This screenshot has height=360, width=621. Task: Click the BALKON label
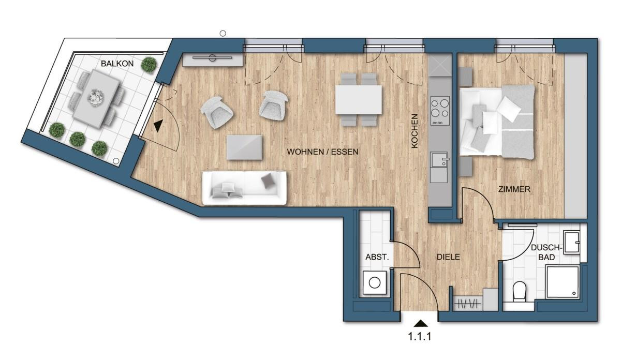(117, 64)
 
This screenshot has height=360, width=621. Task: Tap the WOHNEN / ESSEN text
(323, 152)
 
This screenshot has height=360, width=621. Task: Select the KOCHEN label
(414, 131)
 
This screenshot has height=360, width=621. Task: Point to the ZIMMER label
(514, 189)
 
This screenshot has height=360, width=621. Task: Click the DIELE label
(448, 257)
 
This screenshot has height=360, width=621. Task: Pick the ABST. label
(377, 257)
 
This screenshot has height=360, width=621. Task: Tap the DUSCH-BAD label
(546, 252)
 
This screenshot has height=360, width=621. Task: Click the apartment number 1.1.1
(420, 336)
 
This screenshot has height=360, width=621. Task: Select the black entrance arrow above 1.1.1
(421, 323)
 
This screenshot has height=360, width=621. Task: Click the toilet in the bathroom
(519, 292)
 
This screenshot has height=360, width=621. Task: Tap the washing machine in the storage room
(375, 283)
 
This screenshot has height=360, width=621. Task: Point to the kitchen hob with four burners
(440, 111)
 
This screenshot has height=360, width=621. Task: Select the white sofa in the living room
(244, 188)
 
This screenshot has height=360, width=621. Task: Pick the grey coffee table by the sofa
(244, 147)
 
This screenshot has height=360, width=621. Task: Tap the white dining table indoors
(359, 100)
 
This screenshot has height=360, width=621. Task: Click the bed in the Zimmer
(497, 122)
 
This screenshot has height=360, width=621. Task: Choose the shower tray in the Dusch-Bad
(562, 282)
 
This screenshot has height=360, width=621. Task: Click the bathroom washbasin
(572, 243)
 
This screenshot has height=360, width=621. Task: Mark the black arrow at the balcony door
(158, 126)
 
